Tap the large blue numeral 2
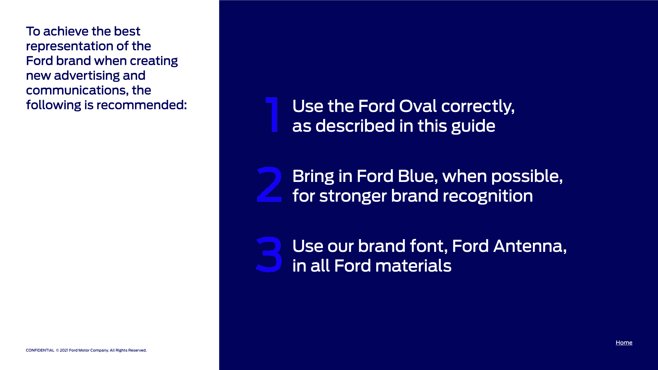269,184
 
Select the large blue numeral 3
269,255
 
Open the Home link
624,343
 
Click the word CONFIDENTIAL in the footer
40,350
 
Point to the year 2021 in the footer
64,350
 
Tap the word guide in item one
473,126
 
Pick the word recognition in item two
488,196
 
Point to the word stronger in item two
353,196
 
